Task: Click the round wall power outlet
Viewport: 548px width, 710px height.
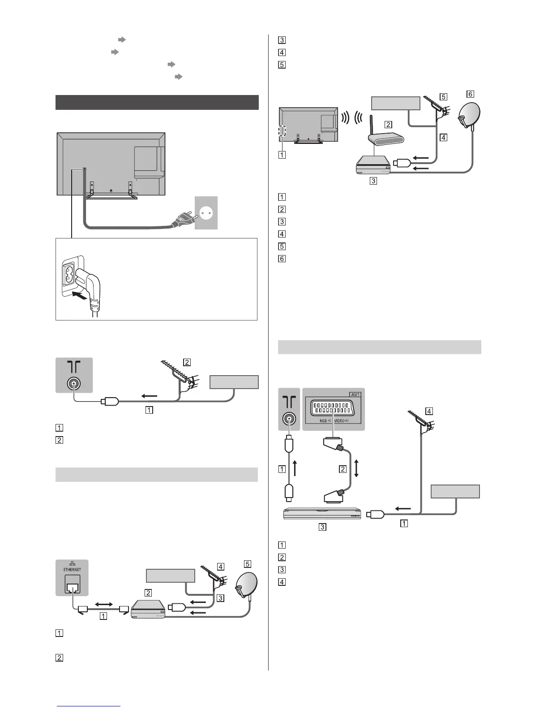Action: tap(206, 213)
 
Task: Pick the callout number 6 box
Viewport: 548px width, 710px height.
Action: tap(470, 94)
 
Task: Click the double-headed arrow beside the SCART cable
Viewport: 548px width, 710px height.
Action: tap(356, 469)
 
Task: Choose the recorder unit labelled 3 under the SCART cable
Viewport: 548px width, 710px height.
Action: tap(321, 513)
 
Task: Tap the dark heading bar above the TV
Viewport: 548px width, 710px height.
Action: tap(157, 102)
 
